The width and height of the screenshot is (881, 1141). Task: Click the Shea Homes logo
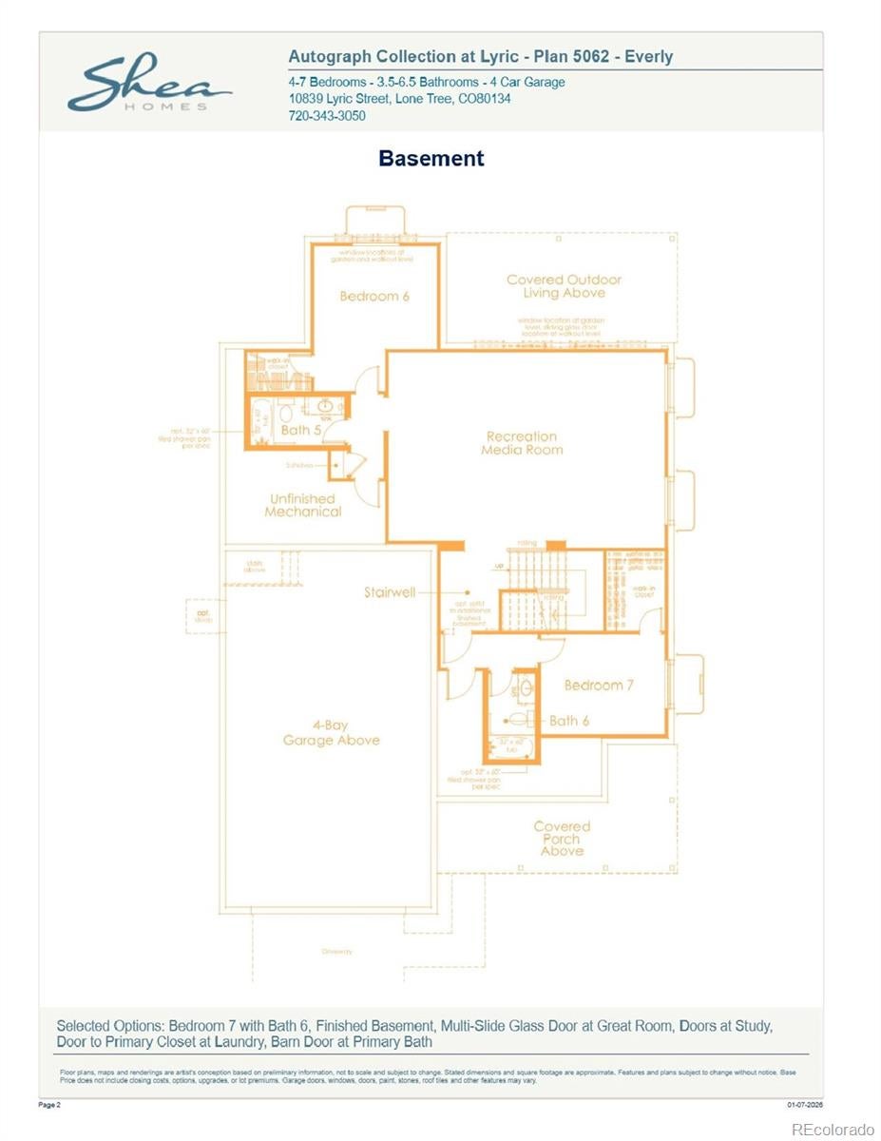(148, 87)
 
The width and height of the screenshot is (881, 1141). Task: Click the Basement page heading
(431, 158)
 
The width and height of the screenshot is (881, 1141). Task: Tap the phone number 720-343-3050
(326, 116)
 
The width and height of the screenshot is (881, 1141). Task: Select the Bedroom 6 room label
(374, 296)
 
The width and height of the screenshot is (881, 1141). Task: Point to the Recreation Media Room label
(522, 443)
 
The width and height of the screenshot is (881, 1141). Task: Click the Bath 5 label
(301, 431)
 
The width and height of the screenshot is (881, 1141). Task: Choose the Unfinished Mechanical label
(302, 505)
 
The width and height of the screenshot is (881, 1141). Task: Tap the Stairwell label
(390, 592)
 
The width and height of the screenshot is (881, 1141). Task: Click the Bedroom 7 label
(599, 685)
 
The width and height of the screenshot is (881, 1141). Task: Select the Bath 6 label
(569, 721)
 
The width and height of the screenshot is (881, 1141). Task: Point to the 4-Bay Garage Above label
(331, 733)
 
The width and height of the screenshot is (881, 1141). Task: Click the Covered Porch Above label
(562, 839)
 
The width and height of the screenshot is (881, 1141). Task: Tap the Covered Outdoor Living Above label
(564, 286)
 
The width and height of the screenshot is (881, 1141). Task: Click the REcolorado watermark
(833, 1129)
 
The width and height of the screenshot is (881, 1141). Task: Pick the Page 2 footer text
(49, 1105)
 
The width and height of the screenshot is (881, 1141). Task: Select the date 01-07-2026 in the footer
(804, 1105)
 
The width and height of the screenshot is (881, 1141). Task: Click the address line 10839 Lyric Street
(399, 99)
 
